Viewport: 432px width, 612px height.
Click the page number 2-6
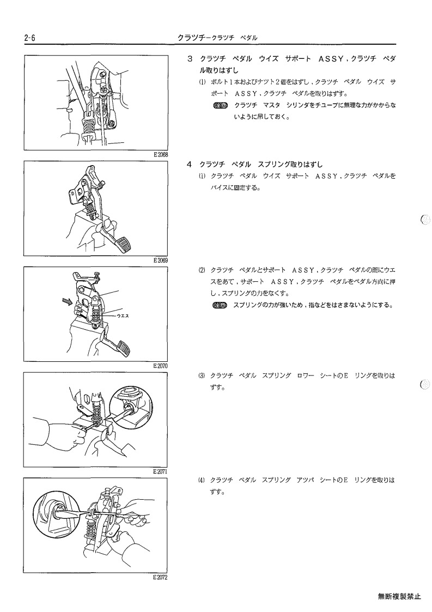(x=29, y=38)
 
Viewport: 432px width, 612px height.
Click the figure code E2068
(x=160, y=155)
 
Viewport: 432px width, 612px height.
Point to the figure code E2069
(x=160, y=260)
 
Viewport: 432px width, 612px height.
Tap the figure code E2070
(x=160, y=366)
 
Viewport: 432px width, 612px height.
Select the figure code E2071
(x=160, y=471)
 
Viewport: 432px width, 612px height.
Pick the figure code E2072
(x=160, y=578)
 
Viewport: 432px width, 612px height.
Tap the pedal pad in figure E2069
(x=124, y=245)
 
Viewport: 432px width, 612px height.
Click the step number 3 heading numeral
(x=190, y=59)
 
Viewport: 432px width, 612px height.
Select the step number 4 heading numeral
(x=189, y=165)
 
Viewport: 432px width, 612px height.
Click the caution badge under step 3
(x=221, y=105)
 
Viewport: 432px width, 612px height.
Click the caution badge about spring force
(x=220, y=305)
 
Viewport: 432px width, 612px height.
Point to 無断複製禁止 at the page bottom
(x=399, y=596)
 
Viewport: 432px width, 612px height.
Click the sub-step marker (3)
(x=202, y=376)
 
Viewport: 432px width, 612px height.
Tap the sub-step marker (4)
(x=202, y=480)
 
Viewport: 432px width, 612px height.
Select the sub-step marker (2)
(x=202, y=270)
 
